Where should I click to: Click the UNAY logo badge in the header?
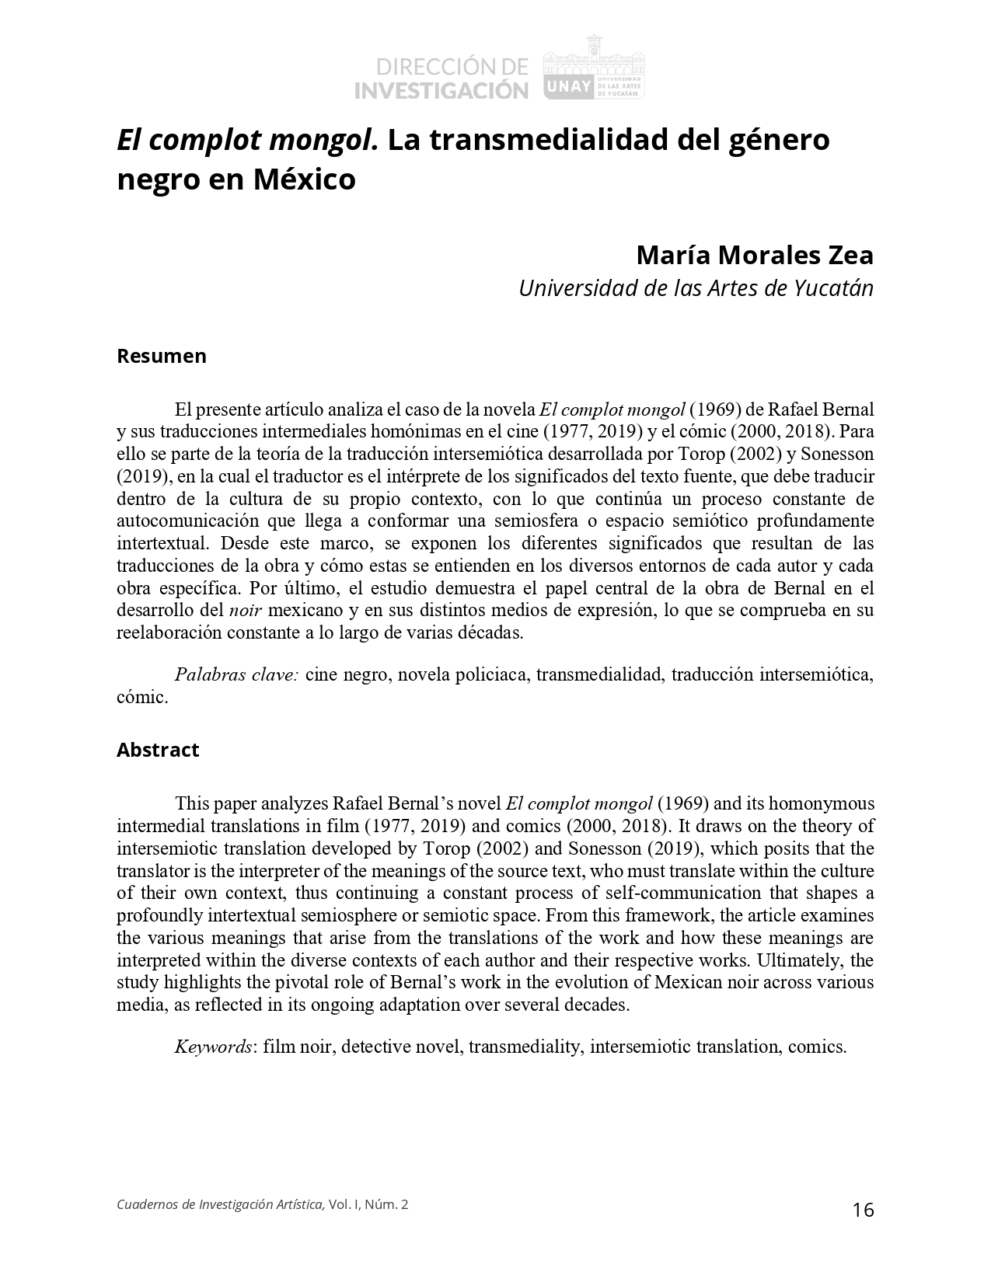[570, 88]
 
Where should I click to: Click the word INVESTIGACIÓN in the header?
[441, 90]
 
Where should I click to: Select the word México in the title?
[304, 179]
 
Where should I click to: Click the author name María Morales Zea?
[755, 255]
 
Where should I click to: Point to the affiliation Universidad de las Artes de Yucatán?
[696, 287]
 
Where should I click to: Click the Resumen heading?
[162, 356]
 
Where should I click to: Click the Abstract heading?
[158, 750]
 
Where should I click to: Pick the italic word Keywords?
[213, 1047]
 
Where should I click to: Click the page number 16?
[863, 1210]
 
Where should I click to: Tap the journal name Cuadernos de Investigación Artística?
[220, 1204]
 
